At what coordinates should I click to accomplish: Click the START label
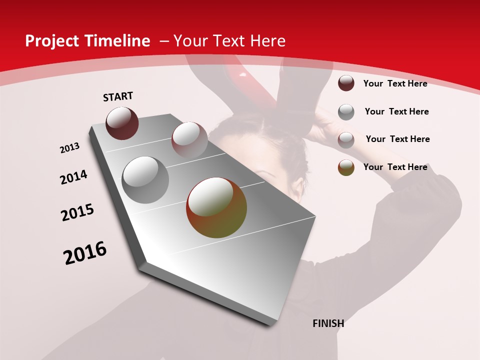point(118,96)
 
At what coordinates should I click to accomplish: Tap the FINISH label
point(328,323)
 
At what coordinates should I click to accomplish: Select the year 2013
point(70,148)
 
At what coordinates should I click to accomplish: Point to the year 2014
point(73,177)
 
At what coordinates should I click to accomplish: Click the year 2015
point(77,212)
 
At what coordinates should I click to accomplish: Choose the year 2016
point(85,253)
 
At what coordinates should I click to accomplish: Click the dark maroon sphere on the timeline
point(122,123)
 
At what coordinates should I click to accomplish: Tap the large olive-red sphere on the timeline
point(216,207)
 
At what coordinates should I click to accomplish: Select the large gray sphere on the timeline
point(145,180)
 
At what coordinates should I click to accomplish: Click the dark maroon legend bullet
point(346,83)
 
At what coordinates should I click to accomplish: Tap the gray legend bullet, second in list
point(346,112)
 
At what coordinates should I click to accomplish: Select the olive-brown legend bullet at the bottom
point(346,167)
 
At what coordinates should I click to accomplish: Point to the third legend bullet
point(346,140)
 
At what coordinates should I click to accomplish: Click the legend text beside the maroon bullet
point(395,83)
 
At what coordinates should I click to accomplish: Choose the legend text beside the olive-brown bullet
point(395,167)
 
